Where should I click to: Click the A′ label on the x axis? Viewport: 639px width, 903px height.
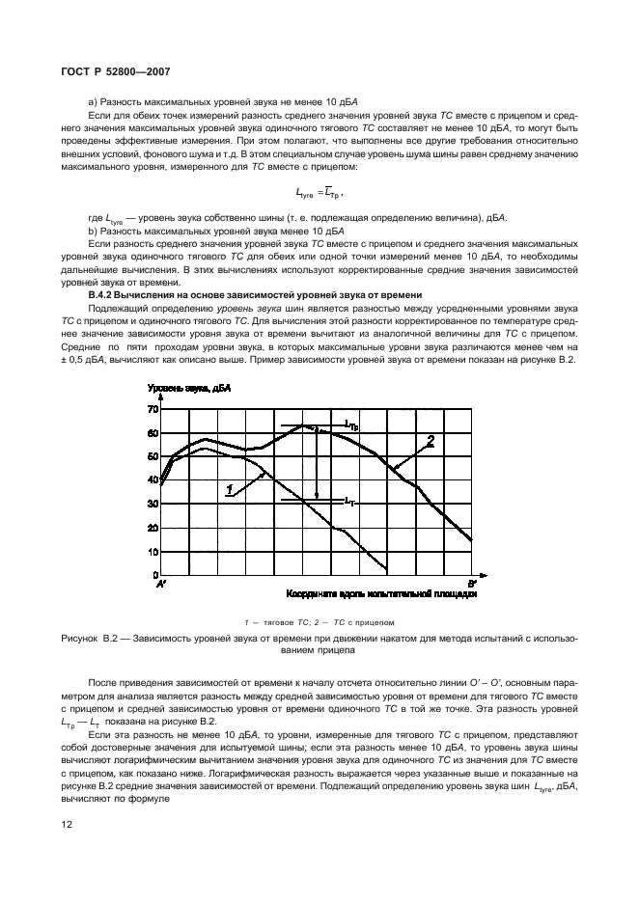click(161, 585)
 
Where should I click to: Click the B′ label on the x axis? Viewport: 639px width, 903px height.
click(471, 585)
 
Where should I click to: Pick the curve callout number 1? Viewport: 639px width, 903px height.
click(230, 490)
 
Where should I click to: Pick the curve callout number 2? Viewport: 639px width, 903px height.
click(431, 441)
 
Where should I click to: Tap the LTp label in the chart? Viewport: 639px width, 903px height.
click(354, 424)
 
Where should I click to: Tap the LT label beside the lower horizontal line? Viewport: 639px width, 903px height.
click(352, 501)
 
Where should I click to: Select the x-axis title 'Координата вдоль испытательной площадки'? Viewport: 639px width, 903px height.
click(381, 595)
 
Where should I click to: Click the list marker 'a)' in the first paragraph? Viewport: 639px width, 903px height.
click(94, 102)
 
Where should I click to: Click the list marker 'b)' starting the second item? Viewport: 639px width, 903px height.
click(94, 233)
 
